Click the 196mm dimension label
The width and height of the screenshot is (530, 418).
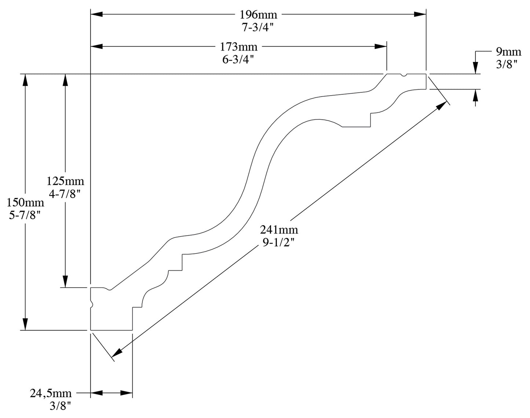(258, 15)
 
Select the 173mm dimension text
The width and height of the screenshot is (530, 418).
(238, 47)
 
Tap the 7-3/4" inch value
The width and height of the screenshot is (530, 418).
(258, 27)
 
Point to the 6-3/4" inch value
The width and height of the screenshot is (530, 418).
(238, 60)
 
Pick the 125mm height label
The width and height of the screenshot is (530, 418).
(65, 181)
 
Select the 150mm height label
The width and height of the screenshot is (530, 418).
(25, 202)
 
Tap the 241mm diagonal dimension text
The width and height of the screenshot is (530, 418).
(279, 230)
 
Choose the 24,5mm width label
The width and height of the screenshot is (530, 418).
(51, 394)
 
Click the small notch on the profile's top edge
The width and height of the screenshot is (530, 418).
(404, 75)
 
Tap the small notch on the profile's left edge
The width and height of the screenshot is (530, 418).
(91, 303)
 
